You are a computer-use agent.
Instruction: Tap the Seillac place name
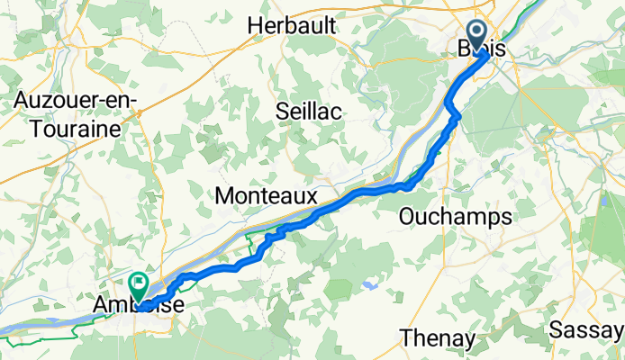click(x=311, y=110)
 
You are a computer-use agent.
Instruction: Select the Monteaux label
click(x=267, y=195)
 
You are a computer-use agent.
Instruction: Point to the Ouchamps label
click(x=455, y=217)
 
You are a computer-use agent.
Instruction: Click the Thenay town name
click(x=438, y=338)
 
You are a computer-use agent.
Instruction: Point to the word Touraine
click(x=75, y=129)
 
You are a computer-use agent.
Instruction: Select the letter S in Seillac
click(x=282, y=110)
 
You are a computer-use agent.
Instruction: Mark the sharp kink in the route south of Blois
click(x=457, y=114)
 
